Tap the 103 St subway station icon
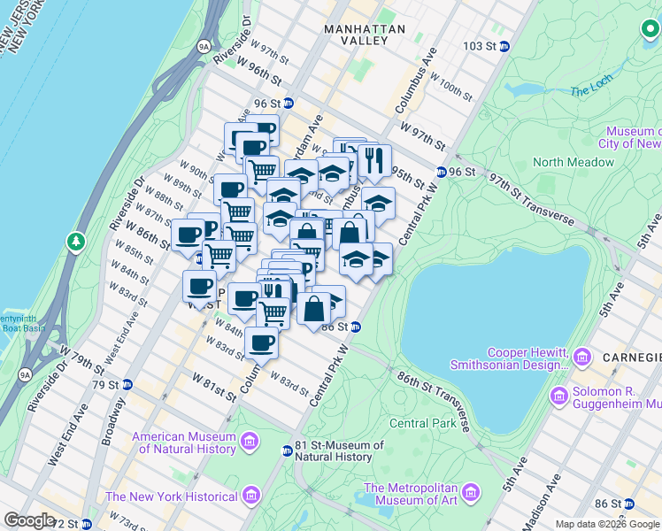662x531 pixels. (504, 46)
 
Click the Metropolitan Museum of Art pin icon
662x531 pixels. (470, 491)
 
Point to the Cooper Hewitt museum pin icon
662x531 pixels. (581, 357)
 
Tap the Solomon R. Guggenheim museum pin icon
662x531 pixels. (558, 395)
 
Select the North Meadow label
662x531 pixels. (573, 162)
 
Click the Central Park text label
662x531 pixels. (422, 423)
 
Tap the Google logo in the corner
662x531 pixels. (29, 519)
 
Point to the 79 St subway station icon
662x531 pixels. (127, 385)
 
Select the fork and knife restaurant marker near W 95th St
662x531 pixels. (373, 159)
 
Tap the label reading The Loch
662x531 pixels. (591, 91)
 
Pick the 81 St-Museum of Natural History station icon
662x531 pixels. (286, 450)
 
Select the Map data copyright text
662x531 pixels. (607, 524)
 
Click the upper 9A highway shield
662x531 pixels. (204, 44)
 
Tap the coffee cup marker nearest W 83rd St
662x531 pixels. (260, 342)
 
